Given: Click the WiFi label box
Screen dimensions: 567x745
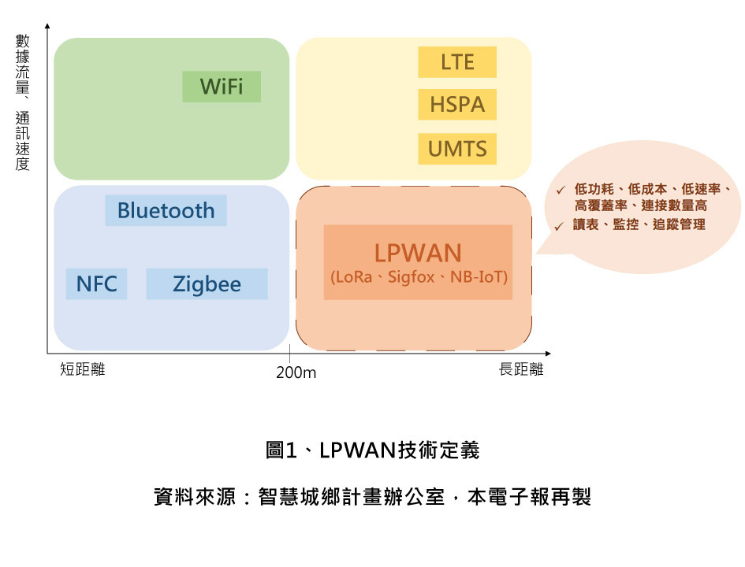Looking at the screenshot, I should pos(222,87).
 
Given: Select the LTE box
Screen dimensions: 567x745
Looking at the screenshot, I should pos(457,62).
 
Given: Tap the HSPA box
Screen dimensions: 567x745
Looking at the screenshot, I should pos(457,105).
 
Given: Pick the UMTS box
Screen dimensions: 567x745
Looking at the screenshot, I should pos(457,149).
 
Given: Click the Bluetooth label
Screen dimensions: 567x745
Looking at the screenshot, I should pos(166,210).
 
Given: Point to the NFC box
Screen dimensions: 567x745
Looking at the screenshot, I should pos(96,284).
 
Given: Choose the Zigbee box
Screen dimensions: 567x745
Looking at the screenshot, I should pos(207,284).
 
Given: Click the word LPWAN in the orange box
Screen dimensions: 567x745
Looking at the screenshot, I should pos(417,253).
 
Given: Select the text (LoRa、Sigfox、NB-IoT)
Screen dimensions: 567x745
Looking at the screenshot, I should pos(418,278).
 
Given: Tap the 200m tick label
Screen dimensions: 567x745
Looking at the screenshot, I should pos(296,372).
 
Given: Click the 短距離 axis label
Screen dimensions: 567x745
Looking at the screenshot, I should pos(82,369).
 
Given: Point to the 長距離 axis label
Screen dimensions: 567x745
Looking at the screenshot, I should pos(521,369).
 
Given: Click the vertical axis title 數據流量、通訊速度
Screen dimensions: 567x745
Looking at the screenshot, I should pos(22,102).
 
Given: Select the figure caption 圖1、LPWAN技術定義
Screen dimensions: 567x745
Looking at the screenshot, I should pos(372,450).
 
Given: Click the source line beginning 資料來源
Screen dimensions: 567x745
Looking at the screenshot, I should pos(372,498).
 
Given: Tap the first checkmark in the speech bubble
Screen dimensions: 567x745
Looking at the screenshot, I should pos(560,190).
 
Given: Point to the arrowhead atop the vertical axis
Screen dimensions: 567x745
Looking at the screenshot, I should pos(47,28).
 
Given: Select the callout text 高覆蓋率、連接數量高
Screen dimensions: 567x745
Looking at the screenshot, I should pos(640,206).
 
